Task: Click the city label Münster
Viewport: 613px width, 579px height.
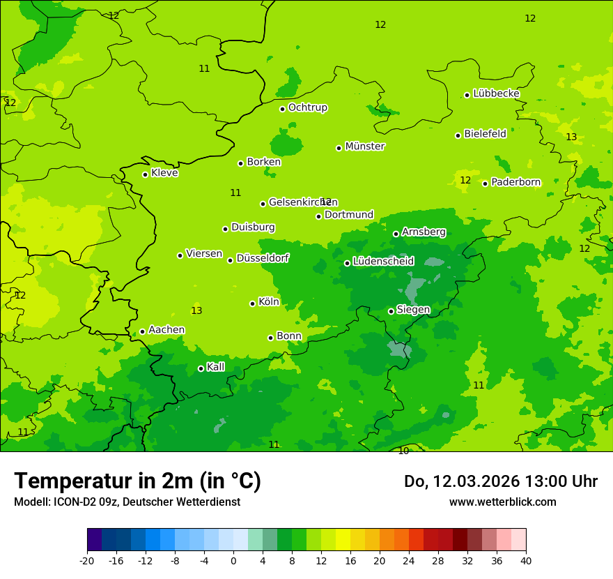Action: pos(365,146)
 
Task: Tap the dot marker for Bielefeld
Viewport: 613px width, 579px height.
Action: pos(458,135)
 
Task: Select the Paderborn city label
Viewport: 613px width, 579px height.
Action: pos(515,182)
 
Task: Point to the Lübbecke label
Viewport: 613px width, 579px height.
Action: pos(496,93)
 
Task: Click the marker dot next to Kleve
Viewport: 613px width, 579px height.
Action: pos(145,174)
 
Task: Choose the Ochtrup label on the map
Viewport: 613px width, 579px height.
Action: pos(307,107)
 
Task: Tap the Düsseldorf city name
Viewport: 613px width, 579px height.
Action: pos(262,258)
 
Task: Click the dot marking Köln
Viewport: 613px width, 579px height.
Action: pos(252,303)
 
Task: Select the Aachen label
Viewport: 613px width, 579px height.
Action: pos(166,330)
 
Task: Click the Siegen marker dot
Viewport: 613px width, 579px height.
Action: pos(391,311)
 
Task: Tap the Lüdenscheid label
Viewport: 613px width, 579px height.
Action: pos(383,262)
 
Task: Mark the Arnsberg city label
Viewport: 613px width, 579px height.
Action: pos(424,232)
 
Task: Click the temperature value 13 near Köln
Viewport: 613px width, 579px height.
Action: pos(196,310)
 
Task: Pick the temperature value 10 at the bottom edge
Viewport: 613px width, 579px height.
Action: pos(403,451)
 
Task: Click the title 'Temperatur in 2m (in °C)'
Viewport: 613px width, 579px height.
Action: pos(137,481)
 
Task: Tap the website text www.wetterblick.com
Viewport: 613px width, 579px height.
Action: pos(502,502)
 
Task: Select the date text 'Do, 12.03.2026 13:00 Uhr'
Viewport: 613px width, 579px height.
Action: pos(500,481)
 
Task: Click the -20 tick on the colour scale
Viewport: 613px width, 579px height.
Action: pos(87,560)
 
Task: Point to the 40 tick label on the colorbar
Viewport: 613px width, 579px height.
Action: pos(526,560)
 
